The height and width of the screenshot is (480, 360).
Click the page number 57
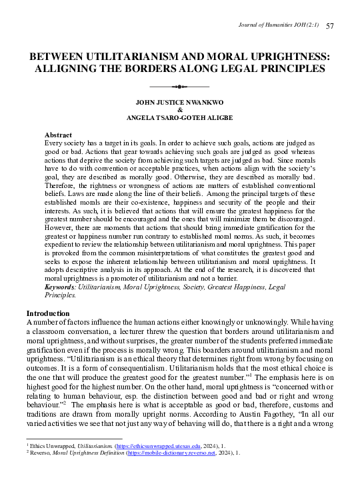(329, 25)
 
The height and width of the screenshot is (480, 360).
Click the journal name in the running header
(280, 25)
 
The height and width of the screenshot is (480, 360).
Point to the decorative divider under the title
(180, 87)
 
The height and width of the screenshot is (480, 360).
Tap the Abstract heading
(58, 135)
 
